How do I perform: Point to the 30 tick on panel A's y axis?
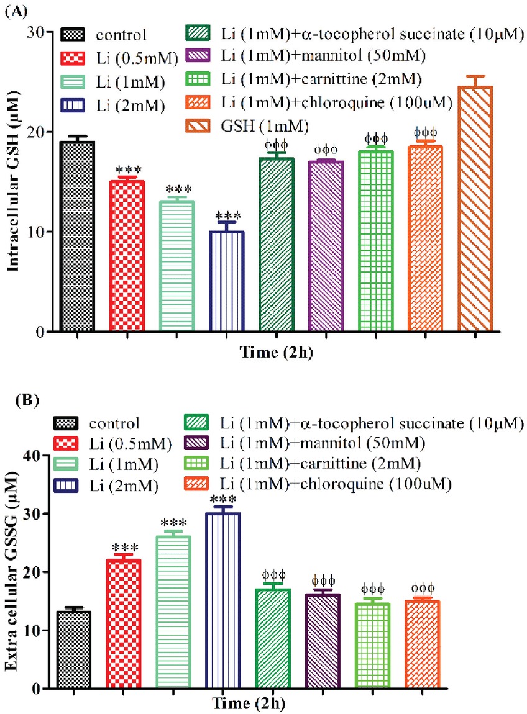[44, 32]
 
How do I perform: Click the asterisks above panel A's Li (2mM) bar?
[226, 216]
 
